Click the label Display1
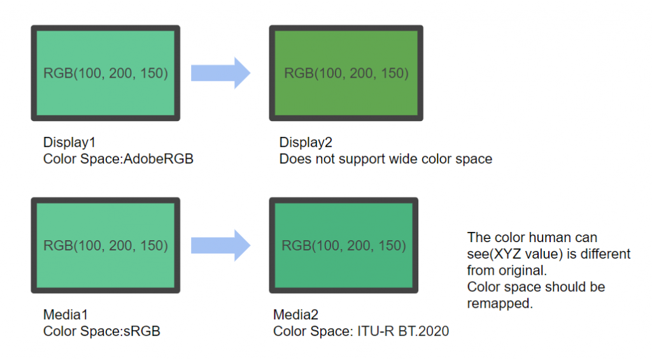coord(69,143)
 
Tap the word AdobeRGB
coord(159,159)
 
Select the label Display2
coord(306,143)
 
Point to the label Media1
coord(66,315)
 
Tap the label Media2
coord(295,315)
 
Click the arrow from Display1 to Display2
coord(221,73)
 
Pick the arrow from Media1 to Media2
coord(221,245)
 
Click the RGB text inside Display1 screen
coord(106,73)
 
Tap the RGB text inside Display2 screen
coord(346,73)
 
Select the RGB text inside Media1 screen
coord(106,245)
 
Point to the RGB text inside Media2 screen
coord(344,245)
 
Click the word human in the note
coord(551,238)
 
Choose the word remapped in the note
coord(500,304)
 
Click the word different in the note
coord(605,254)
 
